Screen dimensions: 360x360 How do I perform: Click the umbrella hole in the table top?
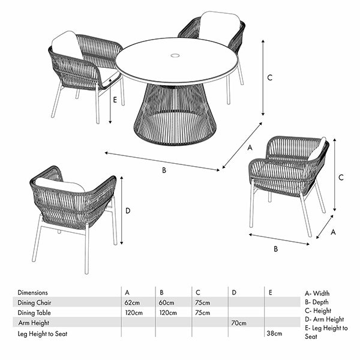click(175, 55)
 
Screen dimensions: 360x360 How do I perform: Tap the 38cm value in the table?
click(274, 333)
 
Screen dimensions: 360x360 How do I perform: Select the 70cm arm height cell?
click(239, 323)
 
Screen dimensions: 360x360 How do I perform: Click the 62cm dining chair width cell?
click(132, 302)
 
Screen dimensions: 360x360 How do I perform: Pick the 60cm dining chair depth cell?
click(166, 302)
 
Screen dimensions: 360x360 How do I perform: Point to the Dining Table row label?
click(34, 313)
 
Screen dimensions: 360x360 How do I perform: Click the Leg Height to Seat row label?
click(43, 334)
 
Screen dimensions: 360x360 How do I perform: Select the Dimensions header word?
click(32, 293)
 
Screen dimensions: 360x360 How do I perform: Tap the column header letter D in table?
click(234, 293)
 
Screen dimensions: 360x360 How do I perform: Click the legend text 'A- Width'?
click(317, 293)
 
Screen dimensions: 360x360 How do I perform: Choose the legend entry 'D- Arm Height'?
click(324, 319)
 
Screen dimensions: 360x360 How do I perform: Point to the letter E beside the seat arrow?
click(115, 100)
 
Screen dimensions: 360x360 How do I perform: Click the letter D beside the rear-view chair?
click(128, 211)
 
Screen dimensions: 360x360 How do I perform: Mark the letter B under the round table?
click(164, 170)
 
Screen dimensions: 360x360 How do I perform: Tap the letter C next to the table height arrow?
click(270, 77)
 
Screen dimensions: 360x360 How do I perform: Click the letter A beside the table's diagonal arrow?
click(250, 148)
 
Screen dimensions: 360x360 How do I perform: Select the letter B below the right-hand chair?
click(276, 249)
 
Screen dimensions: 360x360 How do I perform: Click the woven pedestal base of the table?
click(175, 114)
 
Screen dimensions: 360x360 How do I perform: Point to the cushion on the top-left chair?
click(67, 45)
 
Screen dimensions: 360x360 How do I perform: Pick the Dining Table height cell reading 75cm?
click(203, 313)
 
